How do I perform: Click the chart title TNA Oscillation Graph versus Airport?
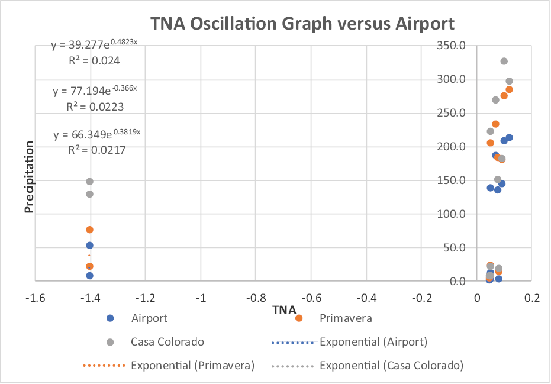tap(302, 24)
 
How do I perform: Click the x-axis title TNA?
tap(284, 310)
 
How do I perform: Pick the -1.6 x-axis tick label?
tap(35, 298)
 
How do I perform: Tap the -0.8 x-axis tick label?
tap(284, 298)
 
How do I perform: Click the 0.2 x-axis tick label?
tap(532, 298)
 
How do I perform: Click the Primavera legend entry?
tap(346, 318)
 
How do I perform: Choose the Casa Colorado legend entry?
tap(167, 342)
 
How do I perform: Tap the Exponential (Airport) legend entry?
tap(373, 342)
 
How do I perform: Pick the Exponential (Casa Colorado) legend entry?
tap(391, 366)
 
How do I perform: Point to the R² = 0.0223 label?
tap(95, 107)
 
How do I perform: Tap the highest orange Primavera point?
tap(509, 90)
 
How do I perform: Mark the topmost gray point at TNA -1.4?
tap(90, 182)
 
